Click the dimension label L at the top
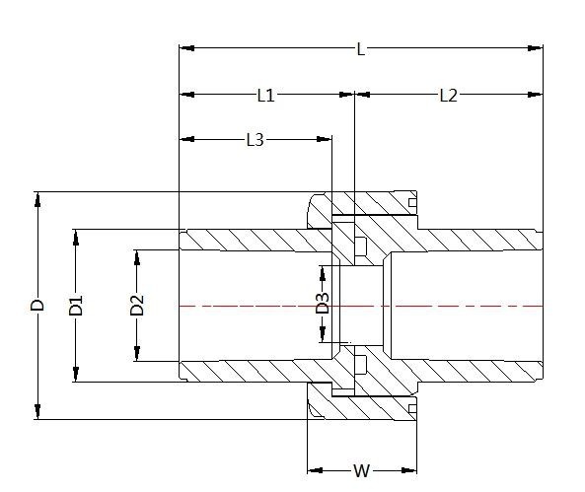pyautogui.click(x=361, y=48)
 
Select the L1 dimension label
pyautogui.click(x=265, y=96)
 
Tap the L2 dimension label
pyautogui.click(x=449, y=96)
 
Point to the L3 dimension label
pyautogui.click(x=255, y=140)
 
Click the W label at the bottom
pyautogui.click(x=362, y=470)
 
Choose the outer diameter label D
pyautogui.click(x=37, y=306)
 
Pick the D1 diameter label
pyautogui.click(x=76, y=306)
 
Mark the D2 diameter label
pyautogui.click(x=137, y=306)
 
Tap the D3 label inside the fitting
pyautogui.click(x=322, y=305)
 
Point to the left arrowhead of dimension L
pyautogui.click(x=184, y=47)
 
